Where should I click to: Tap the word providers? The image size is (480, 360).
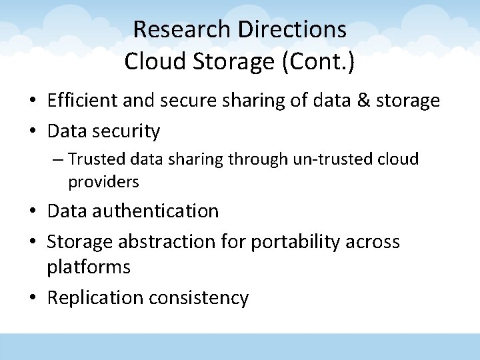coord(103,181)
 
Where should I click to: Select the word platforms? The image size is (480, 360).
coord(89,268)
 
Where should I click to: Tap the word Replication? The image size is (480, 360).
coord(95,298)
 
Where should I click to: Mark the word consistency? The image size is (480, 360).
coord(199,298)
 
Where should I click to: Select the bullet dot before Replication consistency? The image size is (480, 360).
coord(32,298)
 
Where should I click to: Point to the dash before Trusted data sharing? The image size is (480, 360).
coord(59,160)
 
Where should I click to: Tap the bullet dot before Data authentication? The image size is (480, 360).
coord(32,211)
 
